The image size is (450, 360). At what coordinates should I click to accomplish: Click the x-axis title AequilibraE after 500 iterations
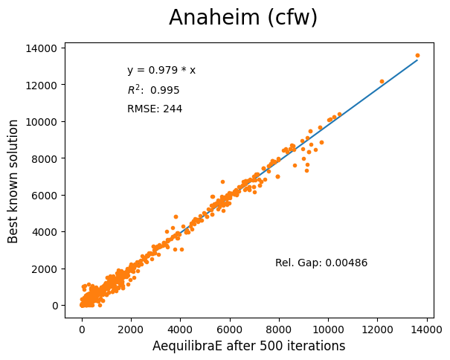click(x=248, y=346)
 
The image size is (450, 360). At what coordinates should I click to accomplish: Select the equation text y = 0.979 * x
click(x=161, y=71)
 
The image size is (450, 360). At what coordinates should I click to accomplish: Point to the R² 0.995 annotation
click(x=153, y=90)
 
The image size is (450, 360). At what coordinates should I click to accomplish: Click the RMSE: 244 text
click(x=155, y=109)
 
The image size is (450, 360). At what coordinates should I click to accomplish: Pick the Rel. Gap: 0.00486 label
click(x=321, y=263)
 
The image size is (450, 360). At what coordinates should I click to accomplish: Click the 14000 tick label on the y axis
click(x=42, y=48)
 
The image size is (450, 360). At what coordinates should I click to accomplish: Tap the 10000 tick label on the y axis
click(x=42, y=122)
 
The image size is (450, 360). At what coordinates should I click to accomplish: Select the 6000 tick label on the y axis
click(x=45, y=195)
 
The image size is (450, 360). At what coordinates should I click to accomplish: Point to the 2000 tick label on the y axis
click(x=45, y=269)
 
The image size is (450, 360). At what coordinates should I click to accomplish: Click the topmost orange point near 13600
click(x=417, y=55)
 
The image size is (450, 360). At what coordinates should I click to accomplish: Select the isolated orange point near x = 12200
click(x=382, y=81)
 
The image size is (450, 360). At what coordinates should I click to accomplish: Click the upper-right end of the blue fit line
click(x=417, y=60)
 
